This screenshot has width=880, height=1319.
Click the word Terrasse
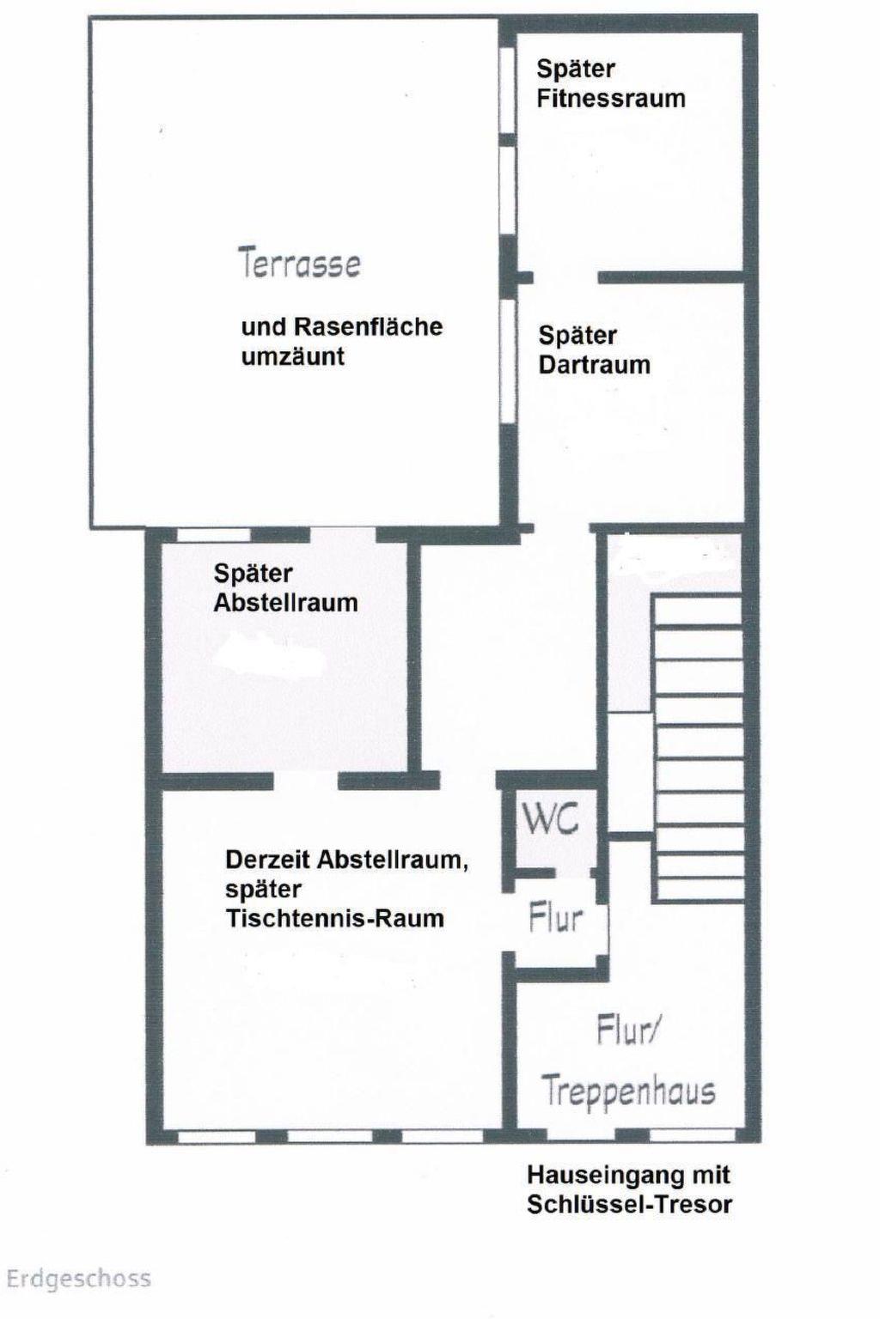[299, 263]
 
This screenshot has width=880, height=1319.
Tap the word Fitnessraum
[611, 99]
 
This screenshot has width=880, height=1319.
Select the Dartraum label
[594, 365]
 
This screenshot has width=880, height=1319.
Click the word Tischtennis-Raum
[335, 919]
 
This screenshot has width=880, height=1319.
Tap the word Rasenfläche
[369, 327]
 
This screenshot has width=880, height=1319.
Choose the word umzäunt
[293, 357]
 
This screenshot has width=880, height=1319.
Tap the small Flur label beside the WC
[555, 918]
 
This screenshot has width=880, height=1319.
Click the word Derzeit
[268, 860]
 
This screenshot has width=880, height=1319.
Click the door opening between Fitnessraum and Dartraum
[565, 277]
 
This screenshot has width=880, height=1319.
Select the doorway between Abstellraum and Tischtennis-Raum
[306, 781]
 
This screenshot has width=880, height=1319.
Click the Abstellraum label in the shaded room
[286, 603]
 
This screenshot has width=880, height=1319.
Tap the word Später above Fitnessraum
[575, 70]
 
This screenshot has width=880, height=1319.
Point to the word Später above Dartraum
[577, 337]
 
